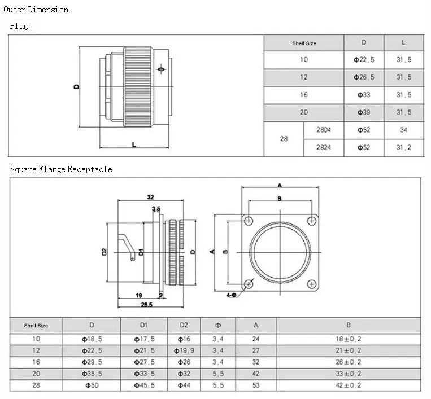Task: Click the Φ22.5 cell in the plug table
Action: tap(364, 60)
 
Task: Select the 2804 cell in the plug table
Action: tap(324, 130)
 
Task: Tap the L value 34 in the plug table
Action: tap(403, 130)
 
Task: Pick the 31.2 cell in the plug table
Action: tap(403, 147)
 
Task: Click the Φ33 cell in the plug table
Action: tap(364, 95)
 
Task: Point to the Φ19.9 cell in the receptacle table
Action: tap(184, 350)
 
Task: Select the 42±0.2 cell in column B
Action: tap(349, 385)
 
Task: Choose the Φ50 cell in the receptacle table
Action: tap(92, 385)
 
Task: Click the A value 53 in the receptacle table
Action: tap(256, 385)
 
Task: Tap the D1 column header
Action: tap(143, 325)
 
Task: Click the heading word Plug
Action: tap(19, 26)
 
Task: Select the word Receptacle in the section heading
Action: tap(90, 169)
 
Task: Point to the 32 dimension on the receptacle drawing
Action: tap(150, 197)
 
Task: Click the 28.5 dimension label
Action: tap(146, 305)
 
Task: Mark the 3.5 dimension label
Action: tap(156, 209)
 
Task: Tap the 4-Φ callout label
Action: tap(231, 295)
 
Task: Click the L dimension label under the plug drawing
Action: tap(134, 144)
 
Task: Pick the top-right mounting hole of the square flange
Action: tap(312, 221)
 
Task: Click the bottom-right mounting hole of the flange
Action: tap(312, 284)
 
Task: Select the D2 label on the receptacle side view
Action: tap(104, 252)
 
